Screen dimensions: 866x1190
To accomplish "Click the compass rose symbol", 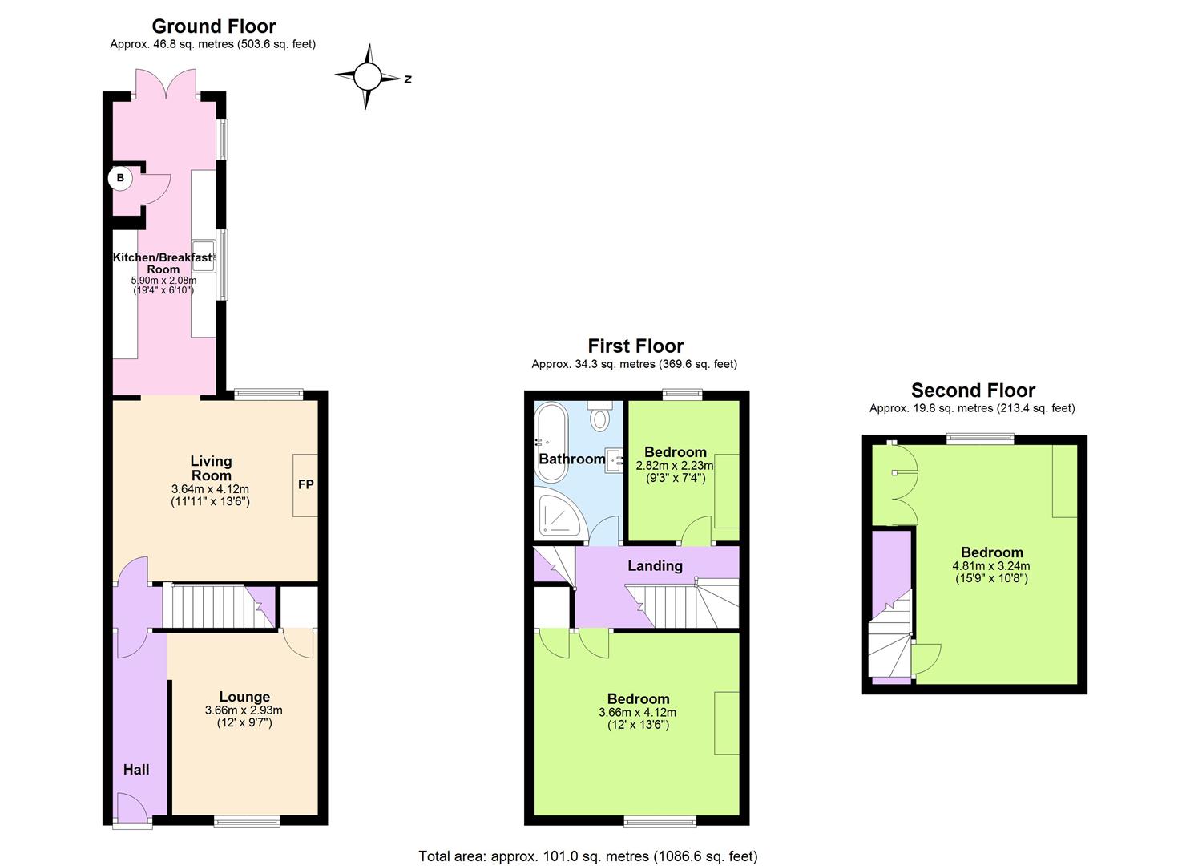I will (x=368, y=77).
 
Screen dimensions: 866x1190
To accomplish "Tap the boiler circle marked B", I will (x=120, y=178).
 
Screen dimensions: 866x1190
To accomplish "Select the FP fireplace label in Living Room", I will (x=305, y=484).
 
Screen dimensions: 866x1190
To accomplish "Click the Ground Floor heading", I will (x=214, y=26).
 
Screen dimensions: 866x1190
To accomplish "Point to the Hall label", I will (x=136, y=770).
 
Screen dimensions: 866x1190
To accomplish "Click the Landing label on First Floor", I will (x=655, y=566).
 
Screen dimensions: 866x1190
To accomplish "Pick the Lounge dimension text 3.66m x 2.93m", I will (x=244, y=710).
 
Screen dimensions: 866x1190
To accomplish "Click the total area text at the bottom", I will (x=587, y=856).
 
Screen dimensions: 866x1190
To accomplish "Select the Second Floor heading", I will (x=973, y=391).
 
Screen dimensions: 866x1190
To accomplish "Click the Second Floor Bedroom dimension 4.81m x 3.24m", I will (x=991, y=566).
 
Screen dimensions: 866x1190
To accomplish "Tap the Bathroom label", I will (x=571, y=459).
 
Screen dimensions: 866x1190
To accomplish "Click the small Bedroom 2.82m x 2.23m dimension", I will (x=674, y=466).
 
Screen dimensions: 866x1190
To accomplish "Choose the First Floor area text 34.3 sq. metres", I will (x=634, y=364).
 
